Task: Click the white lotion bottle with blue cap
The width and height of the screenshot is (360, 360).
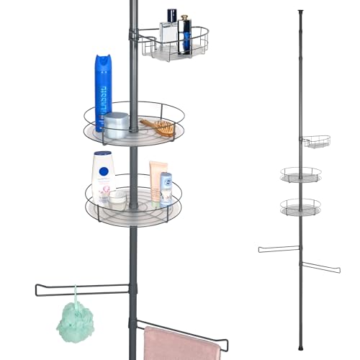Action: click(103, 176)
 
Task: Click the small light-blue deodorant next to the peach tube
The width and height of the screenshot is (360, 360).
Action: click(166, 189)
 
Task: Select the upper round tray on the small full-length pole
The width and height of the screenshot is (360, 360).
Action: click(300, 174)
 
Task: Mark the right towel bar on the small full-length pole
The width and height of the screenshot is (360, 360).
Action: click(320, 266)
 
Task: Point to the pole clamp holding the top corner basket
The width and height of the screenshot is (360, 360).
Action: click(132, 34)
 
